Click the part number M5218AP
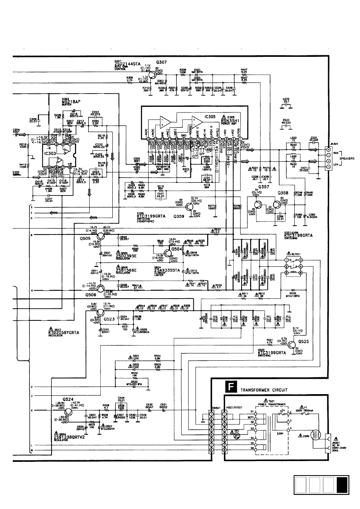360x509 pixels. [x=71, y=102]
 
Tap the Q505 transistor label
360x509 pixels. [x=86, y=238]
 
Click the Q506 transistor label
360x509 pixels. [x=91, y=295]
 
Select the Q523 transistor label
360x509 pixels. [x=110, y=319]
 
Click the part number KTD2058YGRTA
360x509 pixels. [x=66, y=332]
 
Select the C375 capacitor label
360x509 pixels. [x=286, y=99]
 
